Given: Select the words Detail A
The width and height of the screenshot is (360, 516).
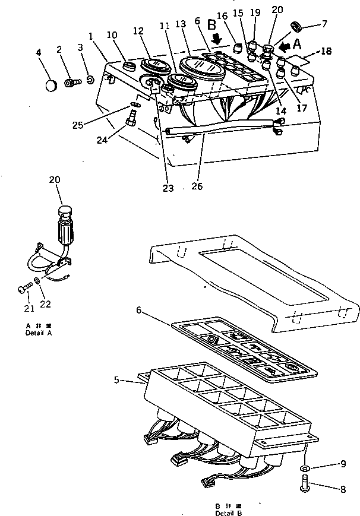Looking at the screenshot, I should [39, 333].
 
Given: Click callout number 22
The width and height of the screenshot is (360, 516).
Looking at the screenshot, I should [46, 304].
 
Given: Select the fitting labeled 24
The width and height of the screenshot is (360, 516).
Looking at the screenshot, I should [130, 124].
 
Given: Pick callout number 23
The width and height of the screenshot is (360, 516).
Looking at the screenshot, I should [168, 188].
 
